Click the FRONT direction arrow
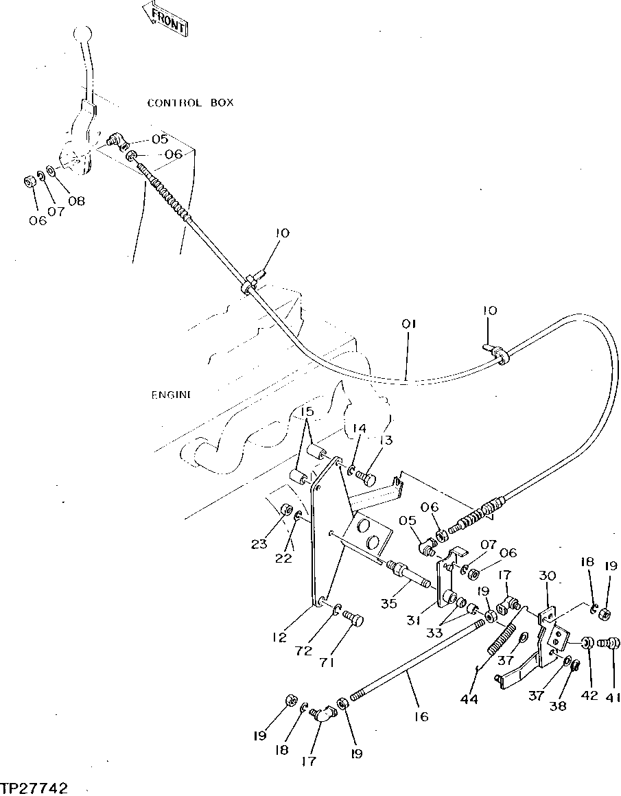pos(165,19)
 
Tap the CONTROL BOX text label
pos(190,103)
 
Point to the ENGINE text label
pos(171,395)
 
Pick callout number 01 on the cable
pos(409,323)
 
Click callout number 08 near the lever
pos(76,201)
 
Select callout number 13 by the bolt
pos(387,440)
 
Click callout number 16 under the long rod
pos(421,716)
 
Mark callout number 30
pos(547,578)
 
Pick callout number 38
pos(559,705)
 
